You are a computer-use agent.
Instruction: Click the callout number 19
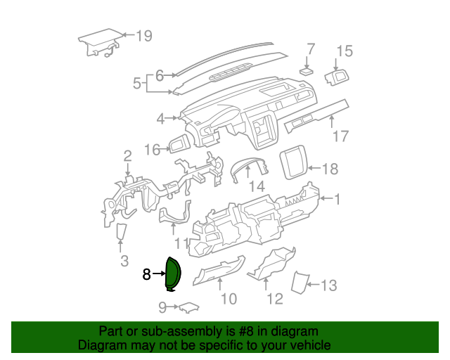point(143,35)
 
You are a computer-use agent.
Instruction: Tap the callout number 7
point(311,49)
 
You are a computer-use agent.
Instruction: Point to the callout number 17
point(340,136)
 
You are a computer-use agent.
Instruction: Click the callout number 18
point(330,169)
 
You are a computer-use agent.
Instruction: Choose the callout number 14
point(256,186)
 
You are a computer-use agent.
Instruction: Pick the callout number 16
point(153,149)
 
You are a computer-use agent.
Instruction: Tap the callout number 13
point(329,285)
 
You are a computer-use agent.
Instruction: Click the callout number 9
point(162,307)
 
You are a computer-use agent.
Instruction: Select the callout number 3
point(124,262)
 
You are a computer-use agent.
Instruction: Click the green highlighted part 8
point(172,274)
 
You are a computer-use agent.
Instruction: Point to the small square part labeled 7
point(307,71)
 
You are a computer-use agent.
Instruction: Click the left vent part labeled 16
point(176,146)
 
